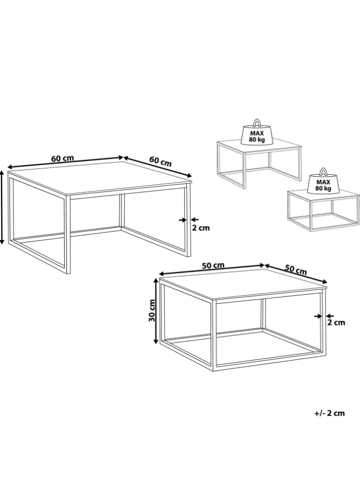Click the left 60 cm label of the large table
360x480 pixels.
pos(63,158)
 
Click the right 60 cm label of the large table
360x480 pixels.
pos(160,161)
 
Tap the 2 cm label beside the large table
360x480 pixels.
pos(201,228)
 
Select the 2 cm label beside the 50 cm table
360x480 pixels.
pos(336,322)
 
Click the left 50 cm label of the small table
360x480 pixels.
pos(213,265)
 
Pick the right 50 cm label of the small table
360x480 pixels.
pos(296,269)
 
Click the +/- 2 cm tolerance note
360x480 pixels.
pos(329,413)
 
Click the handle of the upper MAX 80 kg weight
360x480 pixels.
pos(257,122)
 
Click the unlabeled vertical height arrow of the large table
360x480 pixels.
pos(2,208)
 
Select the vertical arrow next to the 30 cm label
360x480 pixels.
pos(156,311)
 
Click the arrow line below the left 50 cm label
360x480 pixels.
pos(212,269)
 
